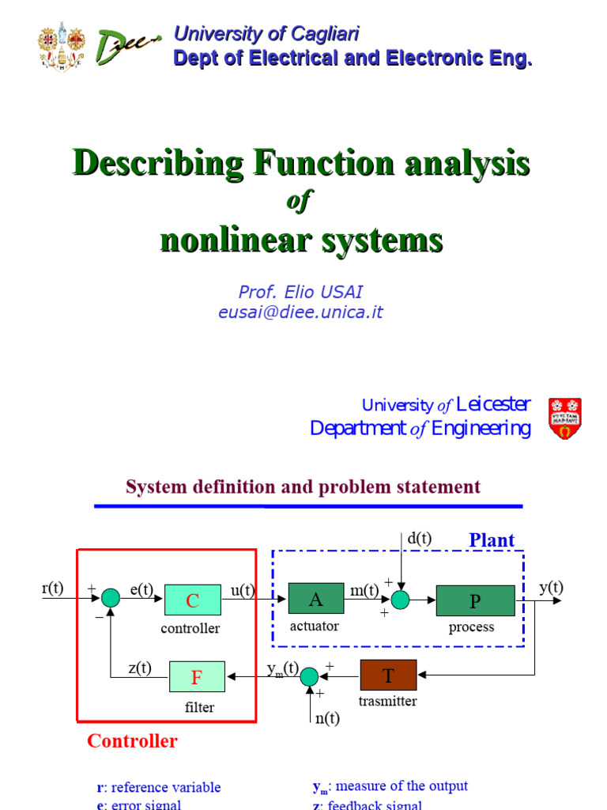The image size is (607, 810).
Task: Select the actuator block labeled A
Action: click(315, 599)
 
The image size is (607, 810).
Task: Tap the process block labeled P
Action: click(475, 601)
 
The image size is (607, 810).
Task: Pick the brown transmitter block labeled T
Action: click(387, 675)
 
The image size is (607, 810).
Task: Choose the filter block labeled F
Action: click(197, 677)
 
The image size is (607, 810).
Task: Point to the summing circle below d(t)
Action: click(401, 600)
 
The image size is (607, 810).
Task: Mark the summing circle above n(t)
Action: click(309, 676)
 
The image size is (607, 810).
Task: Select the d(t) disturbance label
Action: click(420, 539)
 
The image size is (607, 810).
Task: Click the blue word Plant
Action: click(492, 540)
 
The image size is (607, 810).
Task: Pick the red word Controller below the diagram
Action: click(132, 741)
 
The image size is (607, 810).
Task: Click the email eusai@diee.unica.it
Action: click(300, 312)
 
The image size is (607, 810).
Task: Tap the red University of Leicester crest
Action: click(565, 418)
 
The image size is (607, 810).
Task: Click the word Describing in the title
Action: click(157, 164)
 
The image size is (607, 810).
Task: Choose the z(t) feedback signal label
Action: click(140, 668)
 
